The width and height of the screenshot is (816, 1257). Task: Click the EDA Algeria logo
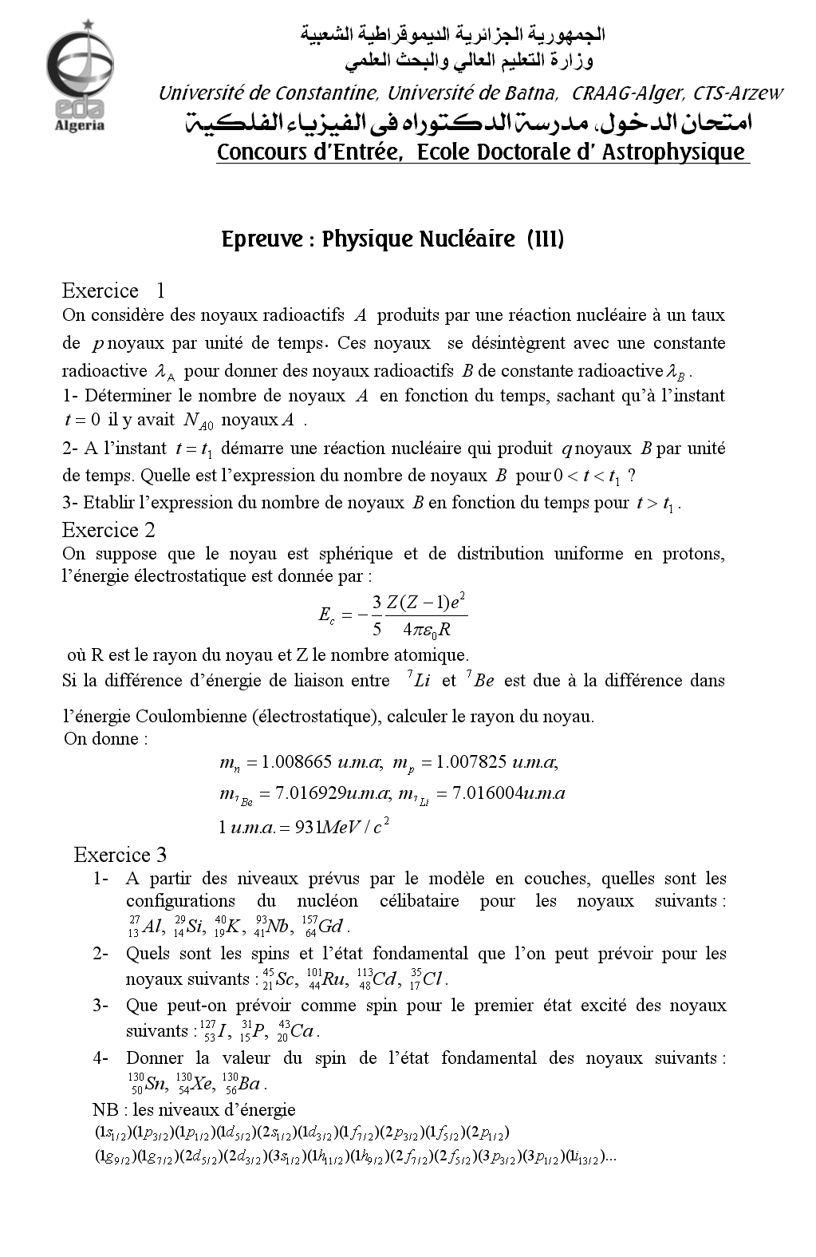tap(79, 79)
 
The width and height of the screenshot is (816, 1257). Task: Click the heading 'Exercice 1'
tap(113, 290)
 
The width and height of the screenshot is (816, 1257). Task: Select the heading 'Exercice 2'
tap(108, 530)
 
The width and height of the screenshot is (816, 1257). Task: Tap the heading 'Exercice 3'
tap(120, 855)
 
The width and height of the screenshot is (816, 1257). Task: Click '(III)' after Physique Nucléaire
tap(546, 239)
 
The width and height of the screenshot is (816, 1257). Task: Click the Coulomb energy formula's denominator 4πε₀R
tap(427, 630)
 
